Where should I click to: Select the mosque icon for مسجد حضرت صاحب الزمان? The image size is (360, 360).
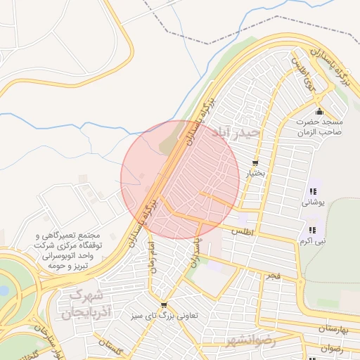[x=319, y=112]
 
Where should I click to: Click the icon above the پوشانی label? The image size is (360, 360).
[x=312, y=191]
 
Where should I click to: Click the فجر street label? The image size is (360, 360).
[x=273, y=276]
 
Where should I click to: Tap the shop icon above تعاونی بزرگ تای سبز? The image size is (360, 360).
[x=164, y=305]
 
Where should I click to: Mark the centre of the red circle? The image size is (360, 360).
[x=180, y=180]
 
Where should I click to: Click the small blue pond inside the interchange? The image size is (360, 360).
[x=4, y=290]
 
